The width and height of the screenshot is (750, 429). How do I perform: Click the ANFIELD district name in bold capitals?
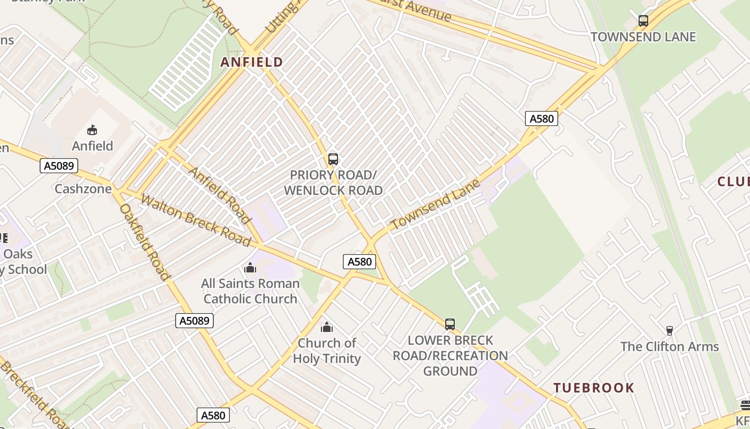point(252,62)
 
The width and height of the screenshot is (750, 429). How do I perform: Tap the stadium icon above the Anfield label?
point(92,130)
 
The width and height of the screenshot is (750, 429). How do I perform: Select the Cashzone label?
point(83,189)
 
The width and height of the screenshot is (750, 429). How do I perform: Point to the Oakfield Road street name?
point(144,241)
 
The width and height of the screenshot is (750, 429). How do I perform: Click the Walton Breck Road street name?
point(195,220)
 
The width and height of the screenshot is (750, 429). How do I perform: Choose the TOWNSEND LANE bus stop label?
point(643,37)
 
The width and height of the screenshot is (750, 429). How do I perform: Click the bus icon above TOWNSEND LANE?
point(643,21)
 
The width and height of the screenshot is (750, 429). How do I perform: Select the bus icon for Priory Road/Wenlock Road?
point(333,159)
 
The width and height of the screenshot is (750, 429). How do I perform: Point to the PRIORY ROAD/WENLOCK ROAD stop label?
point(333,183)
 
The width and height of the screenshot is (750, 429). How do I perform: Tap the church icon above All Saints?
point(250,268)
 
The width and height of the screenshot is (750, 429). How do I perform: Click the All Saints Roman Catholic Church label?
point(250,291)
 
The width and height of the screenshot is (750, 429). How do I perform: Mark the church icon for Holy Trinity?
point(327,327)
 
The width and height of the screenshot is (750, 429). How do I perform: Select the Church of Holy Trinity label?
point(327,351)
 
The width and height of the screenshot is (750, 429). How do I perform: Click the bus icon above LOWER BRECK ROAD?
point(450,324)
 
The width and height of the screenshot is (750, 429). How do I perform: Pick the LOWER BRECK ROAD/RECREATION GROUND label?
point(450,356)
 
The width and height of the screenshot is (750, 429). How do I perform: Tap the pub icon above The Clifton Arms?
point(669,331)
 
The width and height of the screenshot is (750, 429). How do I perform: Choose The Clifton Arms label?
point(669,346)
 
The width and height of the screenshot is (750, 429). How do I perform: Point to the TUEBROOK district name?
point(594,388)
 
